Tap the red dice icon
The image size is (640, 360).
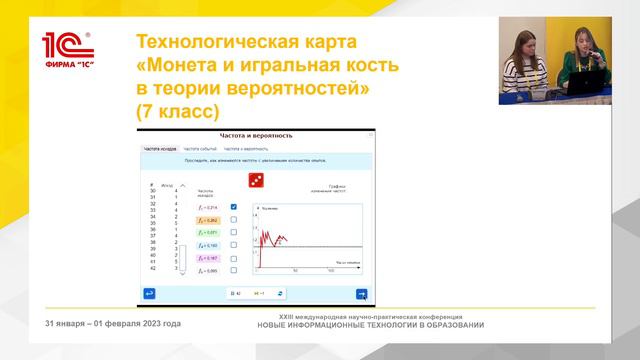[x=256, y=180]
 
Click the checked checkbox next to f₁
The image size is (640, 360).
[x=233, y=207]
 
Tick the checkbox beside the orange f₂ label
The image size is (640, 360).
[x=233, y=220]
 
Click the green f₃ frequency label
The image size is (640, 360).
[x=205, y=232]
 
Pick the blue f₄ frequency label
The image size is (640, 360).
[x=205, y=245]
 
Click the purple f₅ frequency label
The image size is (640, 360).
[x=205, y=257]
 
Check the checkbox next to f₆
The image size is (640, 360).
[x=233, y=270]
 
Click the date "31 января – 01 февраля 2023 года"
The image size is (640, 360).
[x=113, y=323]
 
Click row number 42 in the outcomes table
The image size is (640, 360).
[x=152, y=268]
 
